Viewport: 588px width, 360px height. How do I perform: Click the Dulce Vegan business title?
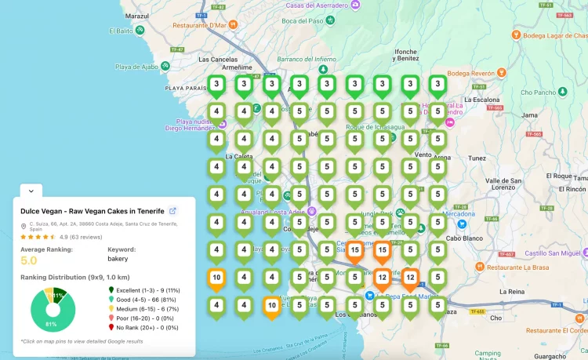[93, 211]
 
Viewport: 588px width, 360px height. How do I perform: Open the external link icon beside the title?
[173, 211]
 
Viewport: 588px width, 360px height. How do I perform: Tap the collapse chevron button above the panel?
[30, 190]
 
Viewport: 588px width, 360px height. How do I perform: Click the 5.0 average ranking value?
[29, 260]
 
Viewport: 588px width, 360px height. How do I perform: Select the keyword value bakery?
[118, 258]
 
